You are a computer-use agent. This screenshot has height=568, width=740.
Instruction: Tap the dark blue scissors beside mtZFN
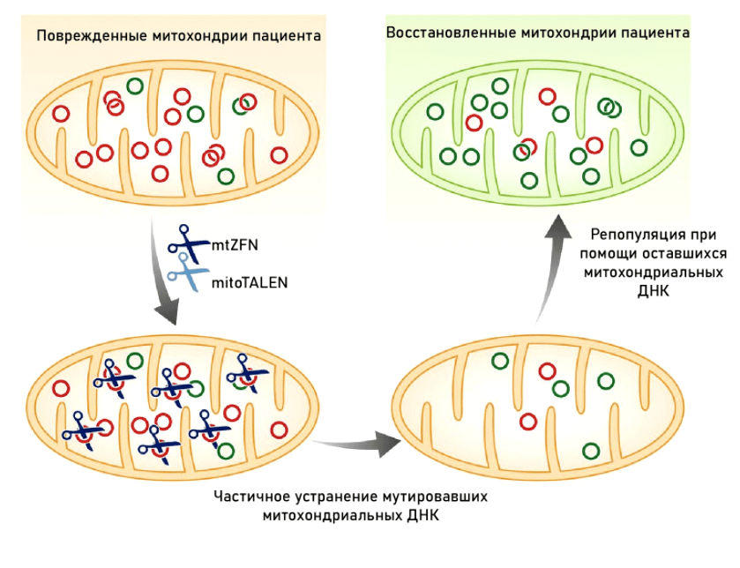coord(187,240)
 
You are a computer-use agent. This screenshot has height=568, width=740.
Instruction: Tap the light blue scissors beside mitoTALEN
coord(187,273)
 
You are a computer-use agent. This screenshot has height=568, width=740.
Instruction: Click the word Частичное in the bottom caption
coord(250,496)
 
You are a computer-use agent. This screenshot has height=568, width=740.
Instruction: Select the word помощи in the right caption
coord(605,254)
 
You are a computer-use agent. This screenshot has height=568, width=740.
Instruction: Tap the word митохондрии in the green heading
coord(564,33)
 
